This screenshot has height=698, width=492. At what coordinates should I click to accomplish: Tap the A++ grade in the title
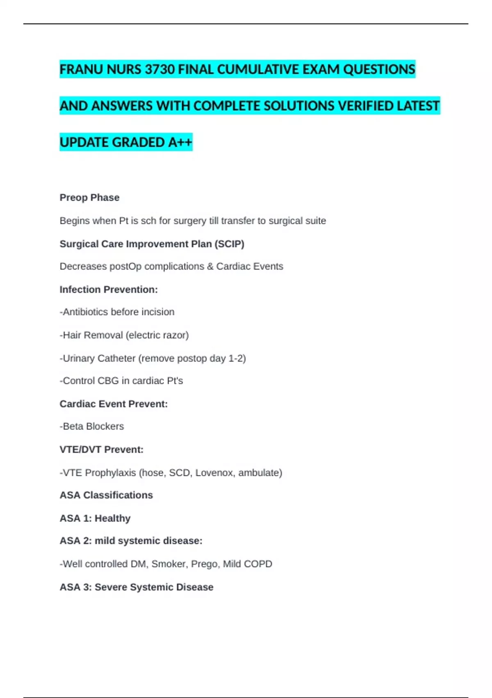point(180,142)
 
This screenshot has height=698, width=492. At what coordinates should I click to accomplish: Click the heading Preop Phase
point(89,197)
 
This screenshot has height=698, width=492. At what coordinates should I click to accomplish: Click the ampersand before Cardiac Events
point(210,266)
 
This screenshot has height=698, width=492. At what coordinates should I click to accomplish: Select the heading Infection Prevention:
point(109,289)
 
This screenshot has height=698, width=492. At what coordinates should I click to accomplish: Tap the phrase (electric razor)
point(157,335)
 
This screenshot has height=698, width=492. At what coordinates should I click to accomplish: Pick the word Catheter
point(116,358)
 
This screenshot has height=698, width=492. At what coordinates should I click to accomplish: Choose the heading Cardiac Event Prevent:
point(114,404)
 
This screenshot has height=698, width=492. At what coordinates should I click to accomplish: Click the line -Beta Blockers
point(92,427)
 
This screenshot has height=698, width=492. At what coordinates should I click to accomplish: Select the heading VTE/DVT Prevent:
point(101,450)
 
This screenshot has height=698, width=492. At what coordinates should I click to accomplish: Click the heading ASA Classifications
point(106,495)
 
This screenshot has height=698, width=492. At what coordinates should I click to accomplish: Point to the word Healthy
point(112,518)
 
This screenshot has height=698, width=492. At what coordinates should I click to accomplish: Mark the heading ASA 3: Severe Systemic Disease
point(137,587)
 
